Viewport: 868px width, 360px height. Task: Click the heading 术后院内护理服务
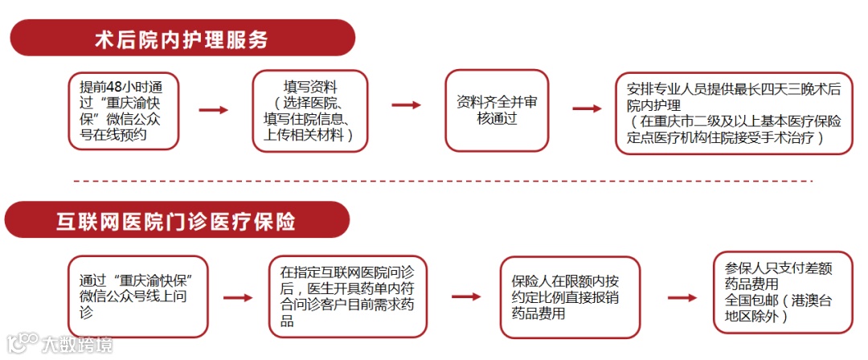click(181, 39)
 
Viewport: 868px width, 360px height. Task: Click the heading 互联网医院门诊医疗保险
click(177, 221)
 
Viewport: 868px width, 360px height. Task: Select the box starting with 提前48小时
click(122, 111)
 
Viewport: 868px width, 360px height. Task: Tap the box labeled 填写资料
click(309, 111)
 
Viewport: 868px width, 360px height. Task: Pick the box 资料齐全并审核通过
click(496, 111)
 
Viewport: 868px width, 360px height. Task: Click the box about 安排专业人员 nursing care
click(734, 112)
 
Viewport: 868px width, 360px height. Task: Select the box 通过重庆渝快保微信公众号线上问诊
click(137, 296)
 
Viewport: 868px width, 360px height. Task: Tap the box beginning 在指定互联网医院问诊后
click(346, 296)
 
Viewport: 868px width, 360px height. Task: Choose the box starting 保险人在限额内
click(569, 297)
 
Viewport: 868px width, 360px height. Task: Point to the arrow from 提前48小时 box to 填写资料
click(213, 110)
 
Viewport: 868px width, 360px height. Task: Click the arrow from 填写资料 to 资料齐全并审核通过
click(406, 105)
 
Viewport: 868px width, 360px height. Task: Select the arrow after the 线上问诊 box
click(237, 297)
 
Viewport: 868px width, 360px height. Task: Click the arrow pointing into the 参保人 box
click(682, 297)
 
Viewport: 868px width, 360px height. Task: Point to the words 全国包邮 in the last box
click(749, 301)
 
